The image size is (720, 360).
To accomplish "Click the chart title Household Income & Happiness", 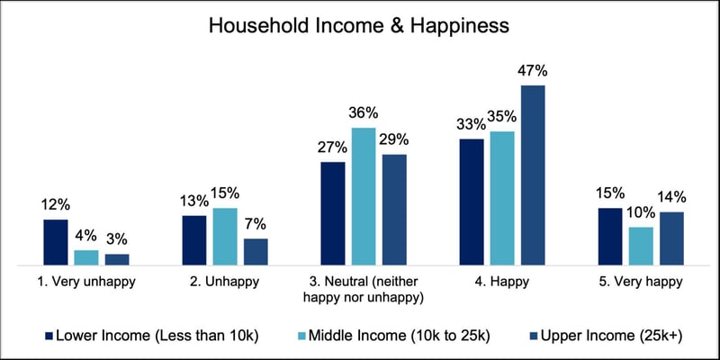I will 359,25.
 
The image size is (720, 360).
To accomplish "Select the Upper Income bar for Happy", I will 533,175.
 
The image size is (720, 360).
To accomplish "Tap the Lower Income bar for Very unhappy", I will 55,242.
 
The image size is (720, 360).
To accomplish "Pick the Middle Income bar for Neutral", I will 364,196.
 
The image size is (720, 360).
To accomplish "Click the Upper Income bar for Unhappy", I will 256,252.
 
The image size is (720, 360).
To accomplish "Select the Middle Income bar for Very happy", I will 641,246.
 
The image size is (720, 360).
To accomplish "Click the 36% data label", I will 364,113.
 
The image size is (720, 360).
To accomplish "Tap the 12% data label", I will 55,205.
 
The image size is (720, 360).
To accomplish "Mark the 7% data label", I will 256,224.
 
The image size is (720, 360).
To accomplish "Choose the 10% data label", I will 641,212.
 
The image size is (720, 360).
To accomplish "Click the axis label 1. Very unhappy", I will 85,282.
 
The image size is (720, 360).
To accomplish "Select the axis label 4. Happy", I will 502,282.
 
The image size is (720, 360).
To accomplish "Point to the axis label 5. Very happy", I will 641,282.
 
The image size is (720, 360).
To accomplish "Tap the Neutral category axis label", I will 364,289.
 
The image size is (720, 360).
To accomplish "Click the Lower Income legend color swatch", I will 48,337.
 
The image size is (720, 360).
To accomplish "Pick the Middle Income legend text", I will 397,337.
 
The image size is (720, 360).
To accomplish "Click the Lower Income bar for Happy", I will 472,202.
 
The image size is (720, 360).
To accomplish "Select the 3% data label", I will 117,239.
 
